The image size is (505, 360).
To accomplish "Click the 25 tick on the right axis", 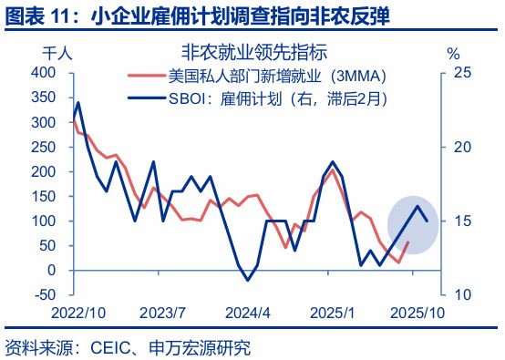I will pyautogui.click(x=462, y=72).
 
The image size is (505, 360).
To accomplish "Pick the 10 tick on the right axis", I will pyautogui.click(x=462, y=294).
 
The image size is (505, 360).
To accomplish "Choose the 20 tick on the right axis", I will pyautogui.click(x=462, y=146).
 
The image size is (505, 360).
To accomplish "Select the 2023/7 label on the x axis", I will pyautogui.click(x=164, y=313).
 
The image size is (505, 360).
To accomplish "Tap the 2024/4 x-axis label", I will pyautogui.click(x=249, y=313).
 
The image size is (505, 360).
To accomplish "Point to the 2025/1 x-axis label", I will pyautogui.click(x=334, y=313).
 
